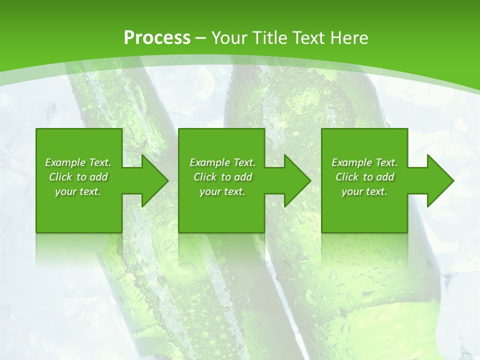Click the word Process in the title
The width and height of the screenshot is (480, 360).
pos(157,37)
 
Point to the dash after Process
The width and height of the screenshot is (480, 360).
pos(201,38)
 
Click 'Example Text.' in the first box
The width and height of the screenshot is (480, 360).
pos(78,162)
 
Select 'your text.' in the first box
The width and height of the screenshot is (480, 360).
pos(78,191)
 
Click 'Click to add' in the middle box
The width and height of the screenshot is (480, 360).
pos(222,177)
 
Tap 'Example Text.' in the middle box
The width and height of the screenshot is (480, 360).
pos(222,162)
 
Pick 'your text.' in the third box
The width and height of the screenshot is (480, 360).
pos(364,191)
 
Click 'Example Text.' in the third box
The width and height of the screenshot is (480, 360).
pos(364,162)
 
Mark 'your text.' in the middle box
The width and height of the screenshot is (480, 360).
pos(222,191)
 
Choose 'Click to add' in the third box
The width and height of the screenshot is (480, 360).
pos(364,177)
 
